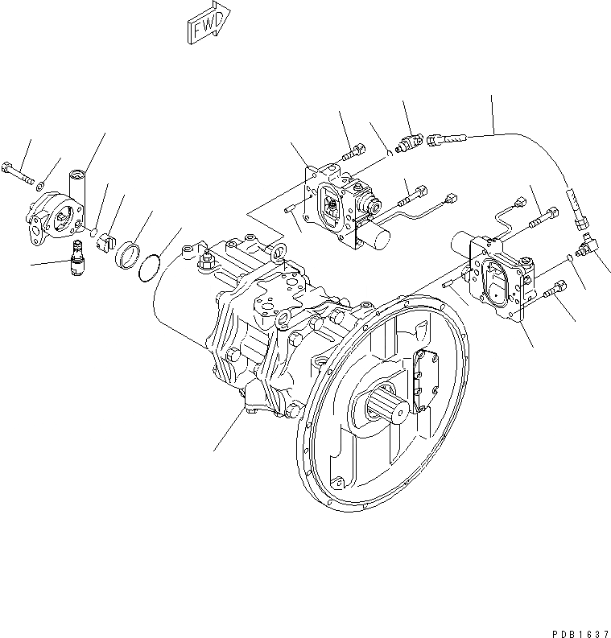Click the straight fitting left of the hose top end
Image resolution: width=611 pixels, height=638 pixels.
pyautogui.click(x=411, y=143)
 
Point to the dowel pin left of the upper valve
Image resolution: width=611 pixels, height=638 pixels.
pyautogui.click(x=288, y=211)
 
